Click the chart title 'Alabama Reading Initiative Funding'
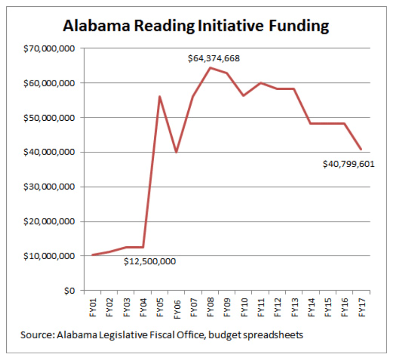pos(196,26)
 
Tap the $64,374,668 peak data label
pos(214,58)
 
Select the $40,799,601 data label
pos(349,164)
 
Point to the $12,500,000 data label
pos(149,261)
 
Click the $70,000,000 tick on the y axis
pos(49,48)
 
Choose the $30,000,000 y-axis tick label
pos(49,187)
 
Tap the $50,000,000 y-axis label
pos(49,118)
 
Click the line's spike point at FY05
pos(159,96)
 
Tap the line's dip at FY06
pos(176,152)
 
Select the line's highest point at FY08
pos(210,68)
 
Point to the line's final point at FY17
pos(361,149)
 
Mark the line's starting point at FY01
pos(92,255)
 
